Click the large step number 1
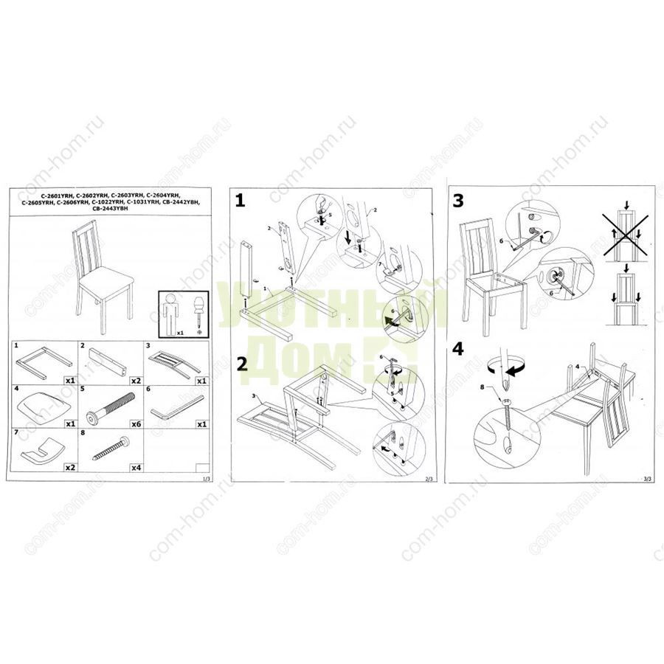point(241,200)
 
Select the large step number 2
point(242,363)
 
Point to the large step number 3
point(458,200)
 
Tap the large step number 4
point(459,349)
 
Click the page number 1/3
point(206,479)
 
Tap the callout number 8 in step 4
point(483,386)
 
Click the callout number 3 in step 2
point(254,398)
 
